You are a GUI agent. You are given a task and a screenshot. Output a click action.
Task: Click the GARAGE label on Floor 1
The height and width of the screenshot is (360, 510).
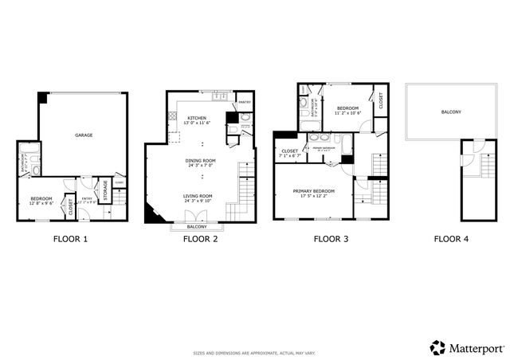tap(84, 135)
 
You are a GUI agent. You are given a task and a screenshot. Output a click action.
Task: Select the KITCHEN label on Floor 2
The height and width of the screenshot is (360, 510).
tap(196, 118)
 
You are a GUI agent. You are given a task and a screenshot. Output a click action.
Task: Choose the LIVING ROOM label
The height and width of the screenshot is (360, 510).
tap(198, 197)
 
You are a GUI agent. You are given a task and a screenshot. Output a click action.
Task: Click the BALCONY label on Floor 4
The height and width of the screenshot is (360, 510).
tap(450, 112)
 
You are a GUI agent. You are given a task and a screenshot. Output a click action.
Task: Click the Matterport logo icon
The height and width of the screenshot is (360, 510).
tap(437, 347)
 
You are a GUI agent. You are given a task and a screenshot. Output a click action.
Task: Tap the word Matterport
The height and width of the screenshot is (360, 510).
tap(476, 348)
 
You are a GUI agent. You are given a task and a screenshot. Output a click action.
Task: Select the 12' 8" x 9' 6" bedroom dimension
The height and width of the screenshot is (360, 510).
tap(41, 204)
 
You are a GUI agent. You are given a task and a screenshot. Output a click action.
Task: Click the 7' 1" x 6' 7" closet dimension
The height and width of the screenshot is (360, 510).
tap(289, 156)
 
